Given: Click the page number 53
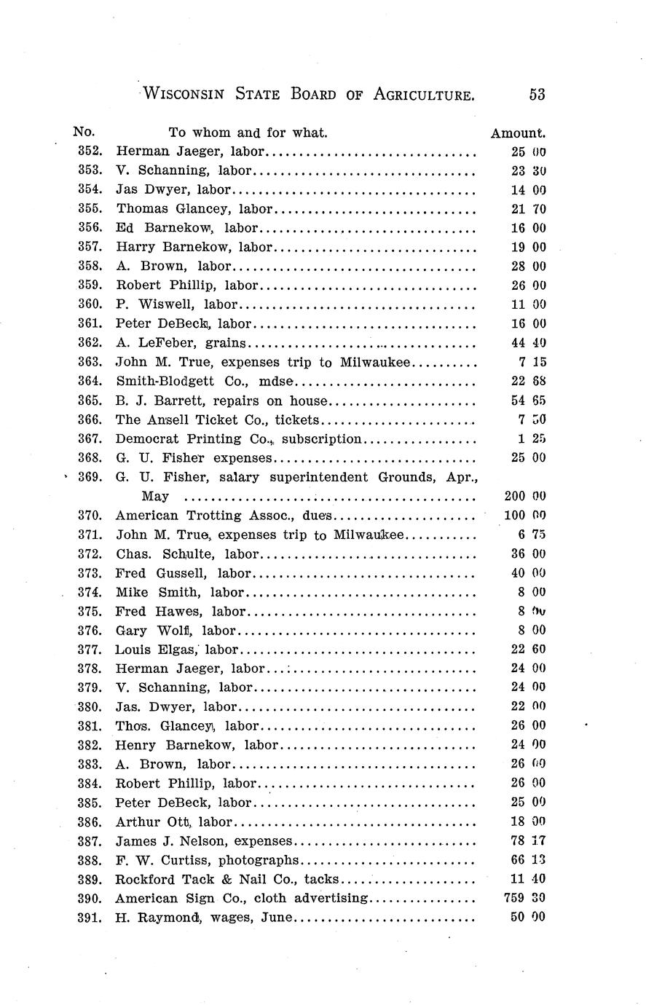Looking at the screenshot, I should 537,94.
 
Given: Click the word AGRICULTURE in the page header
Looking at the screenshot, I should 424,94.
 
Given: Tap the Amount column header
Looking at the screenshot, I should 518,133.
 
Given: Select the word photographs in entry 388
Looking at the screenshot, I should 259,860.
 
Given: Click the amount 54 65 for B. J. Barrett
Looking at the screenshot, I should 528,401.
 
